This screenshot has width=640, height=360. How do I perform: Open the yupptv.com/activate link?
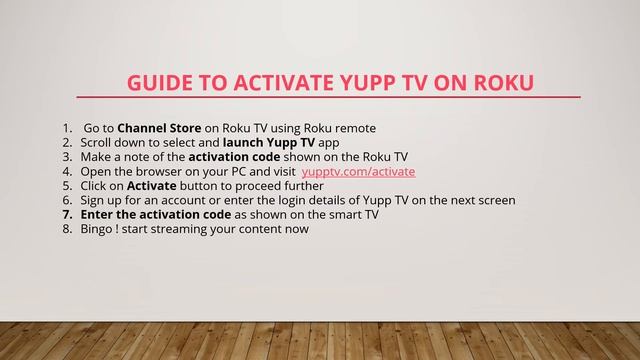pos(358,171)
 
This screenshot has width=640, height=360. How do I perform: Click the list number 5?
pos(66,186)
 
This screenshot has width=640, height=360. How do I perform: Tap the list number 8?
pos(66,229)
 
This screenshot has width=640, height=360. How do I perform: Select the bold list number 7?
pos(66,214)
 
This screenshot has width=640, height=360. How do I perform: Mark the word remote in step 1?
pos(355,128)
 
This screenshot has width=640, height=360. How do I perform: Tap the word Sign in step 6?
pos(93,200)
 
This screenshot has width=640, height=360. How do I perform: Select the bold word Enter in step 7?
pos(99,214)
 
